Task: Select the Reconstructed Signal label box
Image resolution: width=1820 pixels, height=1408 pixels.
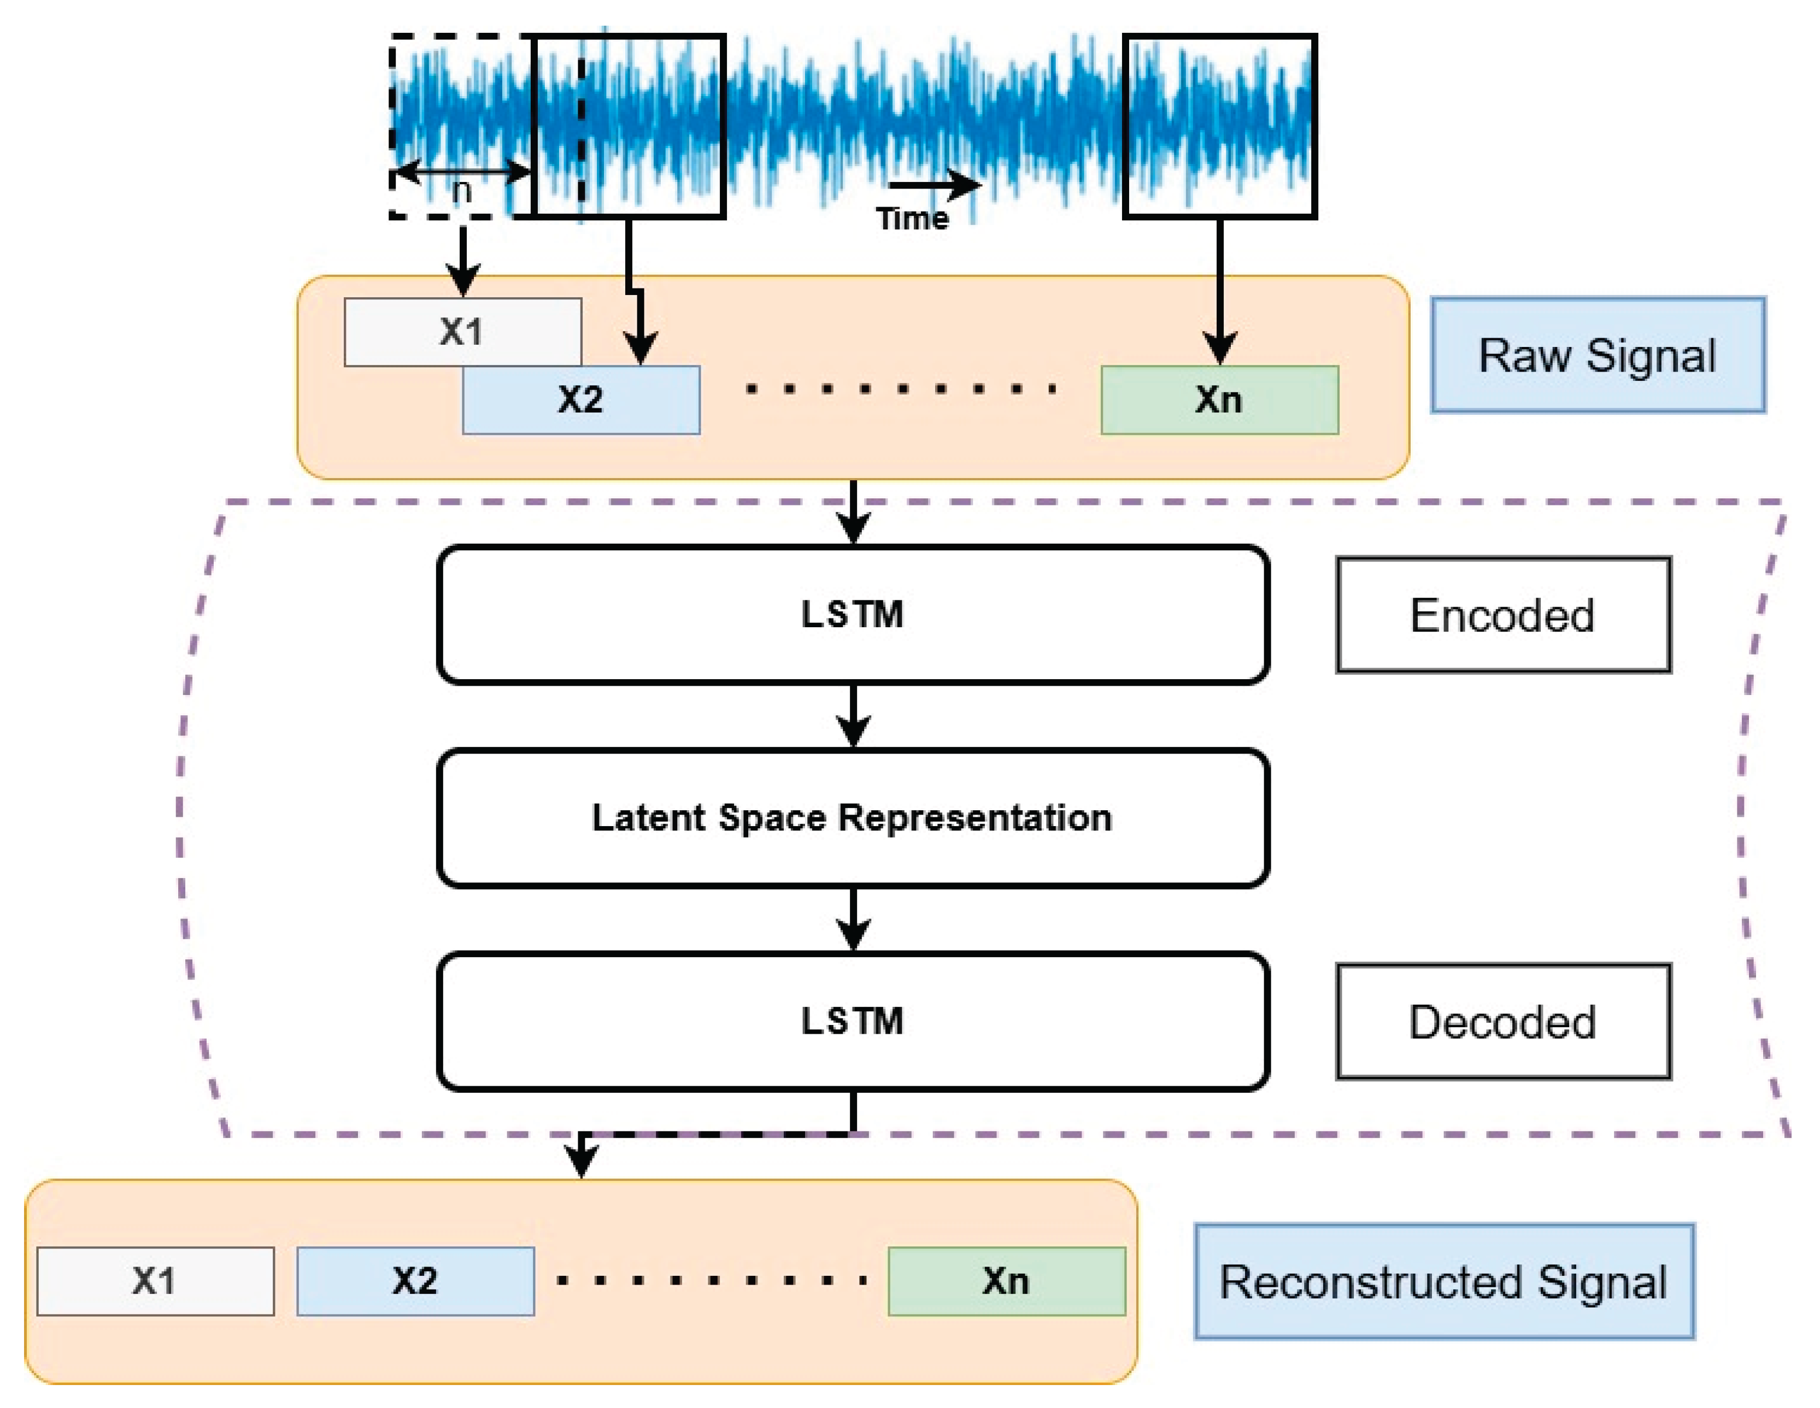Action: point(1443,1281)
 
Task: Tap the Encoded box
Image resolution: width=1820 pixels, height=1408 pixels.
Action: point(1502,615)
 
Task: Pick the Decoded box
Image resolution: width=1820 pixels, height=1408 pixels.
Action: point(1502,1021)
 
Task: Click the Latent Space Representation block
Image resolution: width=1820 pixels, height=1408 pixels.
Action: point(852,817)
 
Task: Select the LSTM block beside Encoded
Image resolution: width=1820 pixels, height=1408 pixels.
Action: point(852,615)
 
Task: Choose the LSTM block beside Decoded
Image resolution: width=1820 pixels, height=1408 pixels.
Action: point(852,1021)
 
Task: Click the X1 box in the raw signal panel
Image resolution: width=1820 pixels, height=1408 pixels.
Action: point(462,332)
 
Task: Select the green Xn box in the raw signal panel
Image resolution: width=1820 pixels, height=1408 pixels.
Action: point(1219,400)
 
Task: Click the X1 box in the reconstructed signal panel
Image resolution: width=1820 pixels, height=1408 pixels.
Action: point(155,1281)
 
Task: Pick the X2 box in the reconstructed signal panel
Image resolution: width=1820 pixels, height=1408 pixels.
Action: point(415,1281)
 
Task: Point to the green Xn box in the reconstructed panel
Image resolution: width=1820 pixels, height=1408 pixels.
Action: point(1006,1281)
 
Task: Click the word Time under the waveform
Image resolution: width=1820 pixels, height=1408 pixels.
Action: point(912,219)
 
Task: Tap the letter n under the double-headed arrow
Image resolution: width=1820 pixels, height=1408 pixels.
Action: point(461,192)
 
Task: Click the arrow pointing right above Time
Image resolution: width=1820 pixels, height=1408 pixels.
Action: point(934,185)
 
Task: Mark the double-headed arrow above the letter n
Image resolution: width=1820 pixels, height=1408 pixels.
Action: point(461,173)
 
